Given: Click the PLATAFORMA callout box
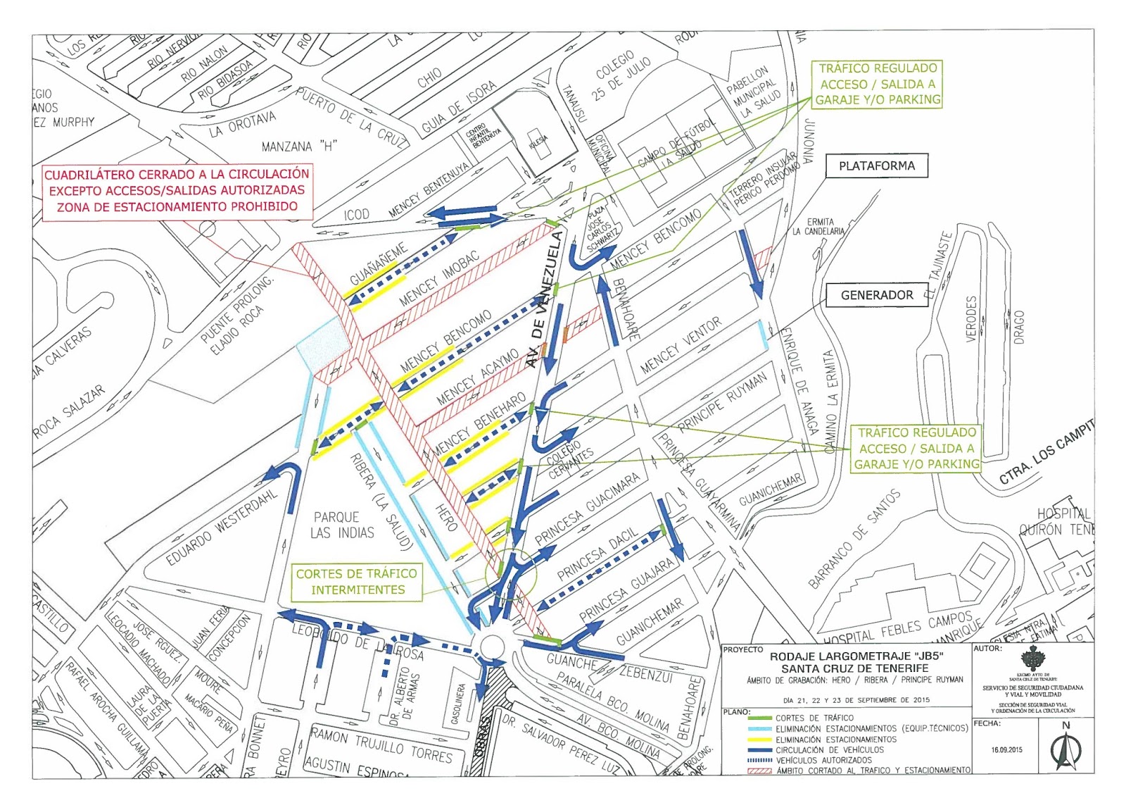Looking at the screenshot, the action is click(x=876, y=166).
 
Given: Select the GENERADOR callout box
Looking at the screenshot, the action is click(x=876, y=295).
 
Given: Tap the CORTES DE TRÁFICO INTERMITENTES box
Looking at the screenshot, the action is click(x=358, y=582).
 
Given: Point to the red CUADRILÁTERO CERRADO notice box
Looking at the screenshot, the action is click(x=177, y=190).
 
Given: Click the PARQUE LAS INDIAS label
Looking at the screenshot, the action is click(x=341, y=525).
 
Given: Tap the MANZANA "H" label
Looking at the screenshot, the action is click(x=299, y=146).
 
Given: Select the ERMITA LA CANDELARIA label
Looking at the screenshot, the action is click(x=818, y=226).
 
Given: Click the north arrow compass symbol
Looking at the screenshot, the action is click(x=1065, y=749).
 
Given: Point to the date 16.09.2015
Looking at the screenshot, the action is click(x=1006, y=749).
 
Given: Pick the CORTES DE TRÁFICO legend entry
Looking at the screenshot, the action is click(x=814, y=718).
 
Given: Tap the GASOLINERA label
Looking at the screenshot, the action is click(x=458, y=703).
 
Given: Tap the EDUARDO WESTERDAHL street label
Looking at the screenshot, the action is click(x=222, y=525).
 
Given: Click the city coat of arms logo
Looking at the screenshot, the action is click(x=1032, y=659).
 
